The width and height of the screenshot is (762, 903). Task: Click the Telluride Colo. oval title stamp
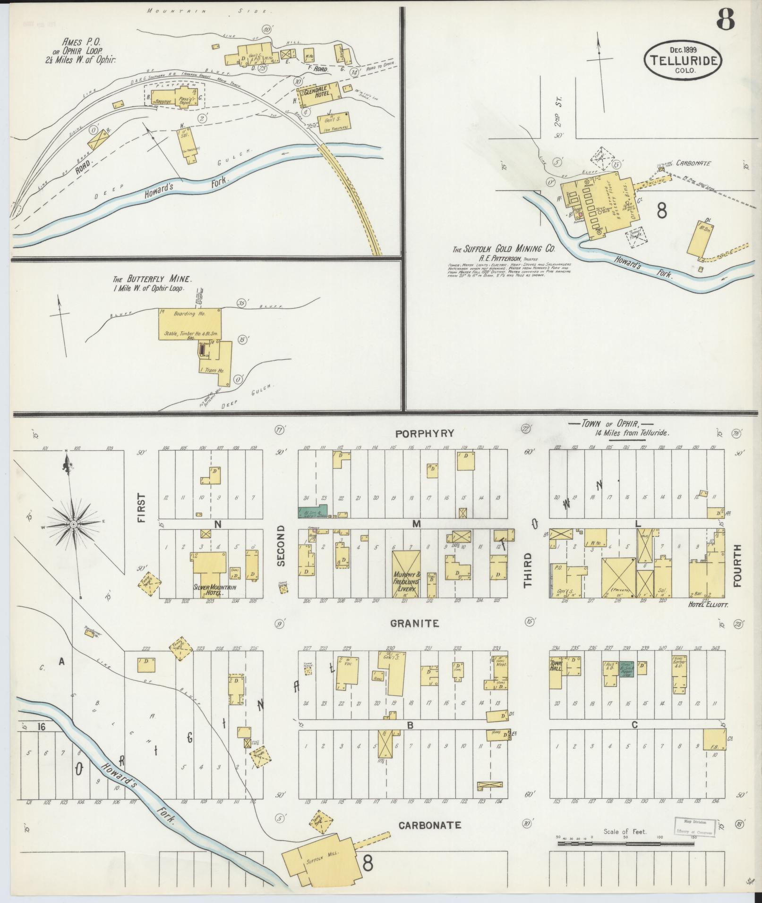click(x=684, y=59)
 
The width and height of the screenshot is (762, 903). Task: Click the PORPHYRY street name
click(x=425, y=433)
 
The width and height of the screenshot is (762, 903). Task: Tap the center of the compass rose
click(x=74, y=524)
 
